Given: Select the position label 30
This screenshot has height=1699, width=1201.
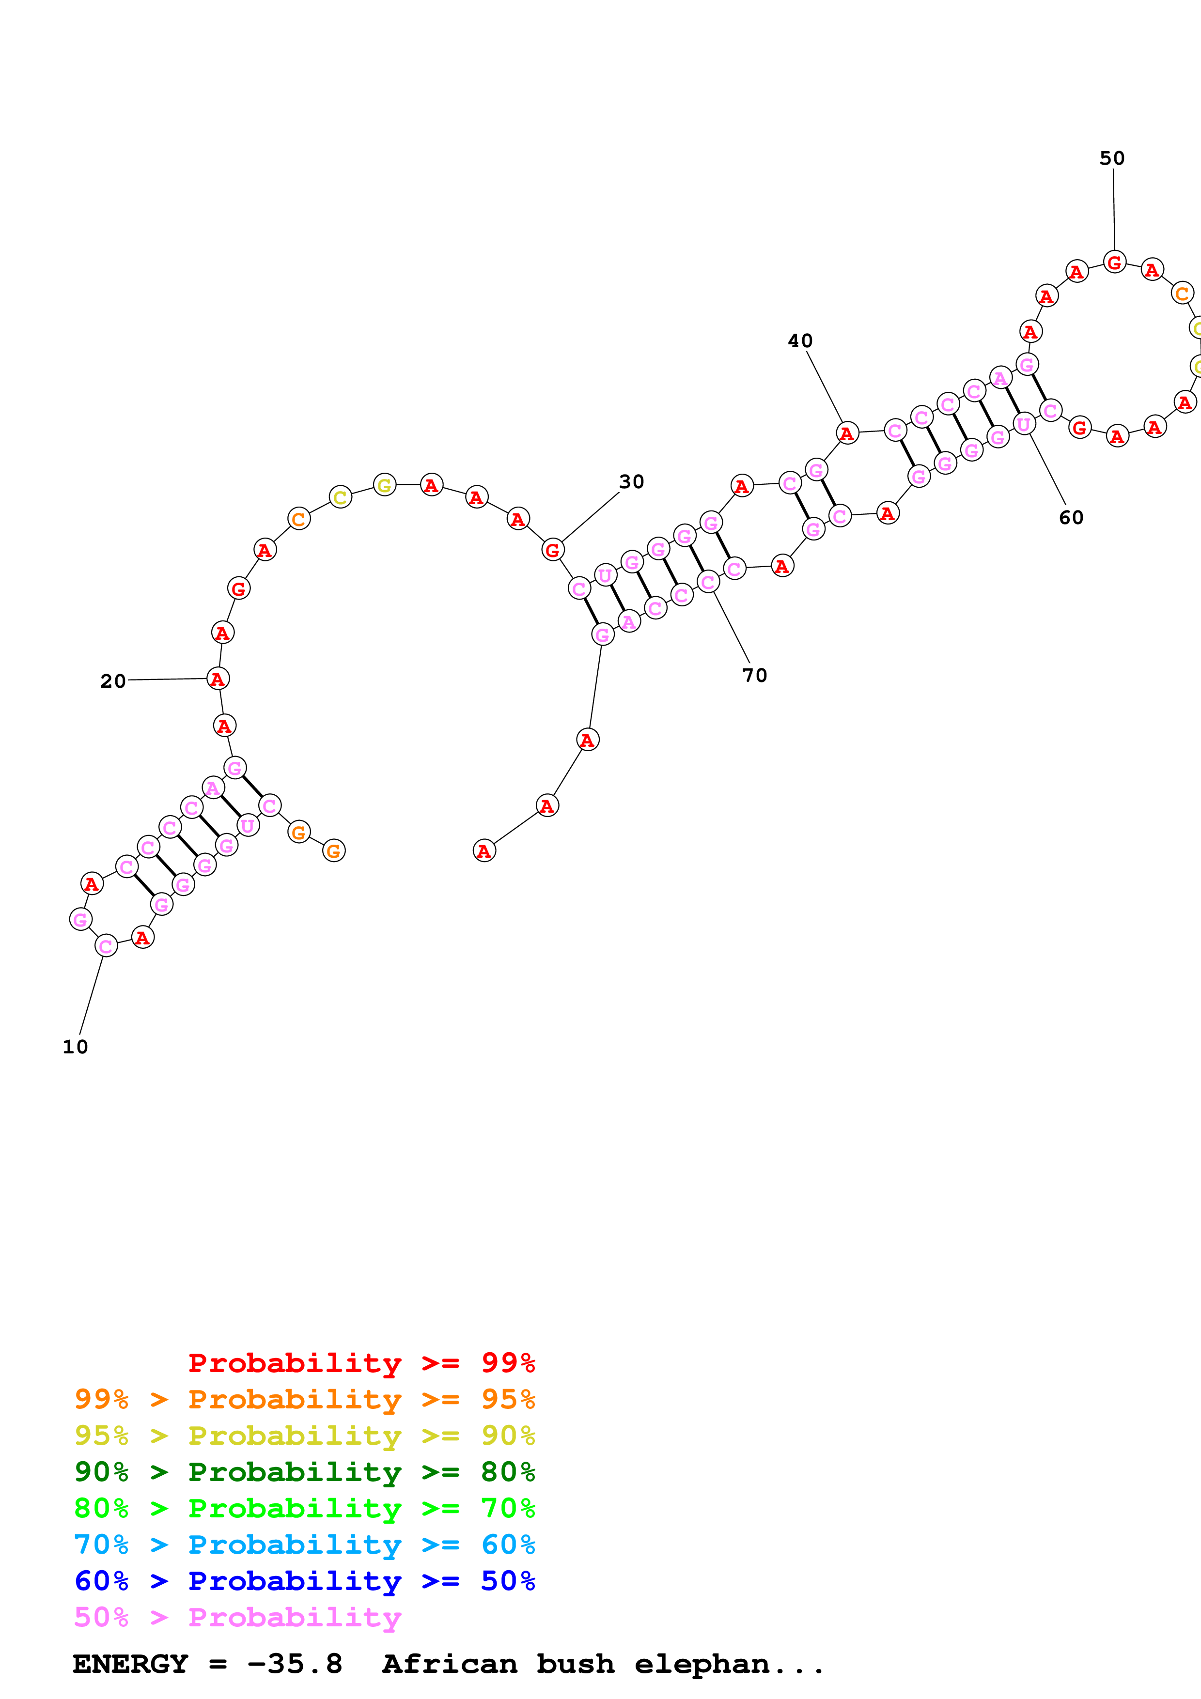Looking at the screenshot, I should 631,482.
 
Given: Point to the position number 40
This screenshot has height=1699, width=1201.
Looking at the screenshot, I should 800,341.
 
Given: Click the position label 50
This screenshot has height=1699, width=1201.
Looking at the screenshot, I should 1111,158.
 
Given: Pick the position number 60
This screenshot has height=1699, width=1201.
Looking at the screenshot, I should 1071,517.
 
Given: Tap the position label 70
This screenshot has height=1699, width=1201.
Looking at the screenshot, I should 754,675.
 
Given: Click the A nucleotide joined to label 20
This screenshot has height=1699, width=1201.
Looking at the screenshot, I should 218,679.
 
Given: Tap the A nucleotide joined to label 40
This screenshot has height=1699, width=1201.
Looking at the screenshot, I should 846,433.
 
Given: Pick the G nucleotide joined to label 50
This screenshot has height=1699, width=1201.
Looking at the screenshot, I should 1114,262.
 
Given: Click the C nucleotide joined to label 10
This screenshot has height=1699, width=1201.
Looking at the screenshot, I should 106,946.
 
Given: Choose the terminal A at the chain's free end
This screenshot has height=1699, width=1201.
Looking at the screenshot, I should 484,851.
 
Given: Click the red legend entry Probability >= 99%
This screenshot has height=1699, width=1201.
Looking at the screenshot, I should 361,1363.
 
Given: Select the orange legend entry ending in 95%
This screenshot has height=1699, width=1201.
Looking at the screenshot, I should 304,1399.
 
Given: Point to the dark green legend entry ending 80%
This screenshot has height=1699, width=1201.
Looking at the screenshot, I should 304,1472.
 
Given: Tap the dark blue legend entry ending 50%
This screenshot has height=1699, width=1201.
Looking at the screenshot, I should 304,1581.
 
